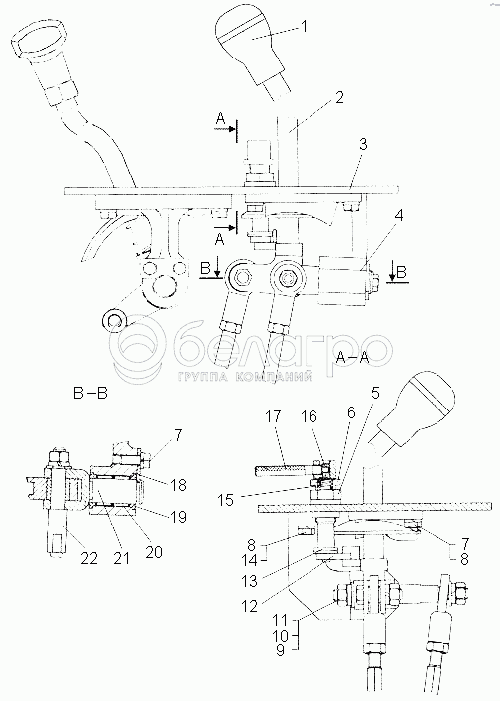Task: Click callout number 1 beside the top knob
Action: pos(305,27)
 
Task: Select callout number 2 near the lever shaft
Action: pos(340,98)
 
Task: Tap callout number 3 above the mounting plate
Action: pos(363,145)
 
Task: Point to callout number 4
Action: pos(399,216)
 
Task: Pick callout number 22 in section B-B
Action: pos(89,558)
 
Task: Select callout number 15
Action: pos(227,500)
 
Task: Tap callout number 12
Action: pos(250,606)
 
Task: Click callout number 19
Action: pos(178,517)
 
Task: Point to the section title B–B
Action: pos(90,394)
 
